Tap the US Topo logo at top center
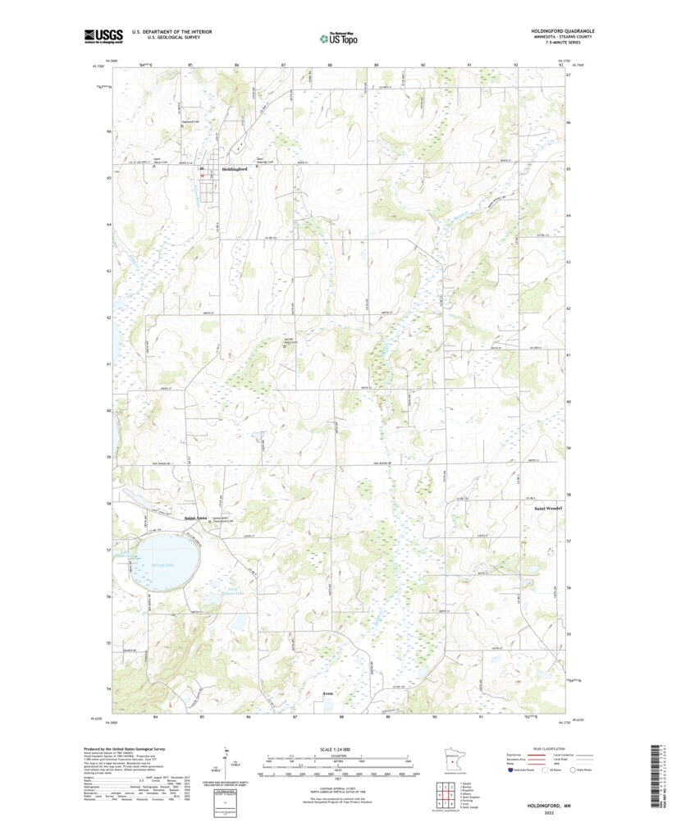339,37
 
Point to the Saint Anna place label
195,518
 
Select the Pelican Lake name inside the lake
165,565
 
